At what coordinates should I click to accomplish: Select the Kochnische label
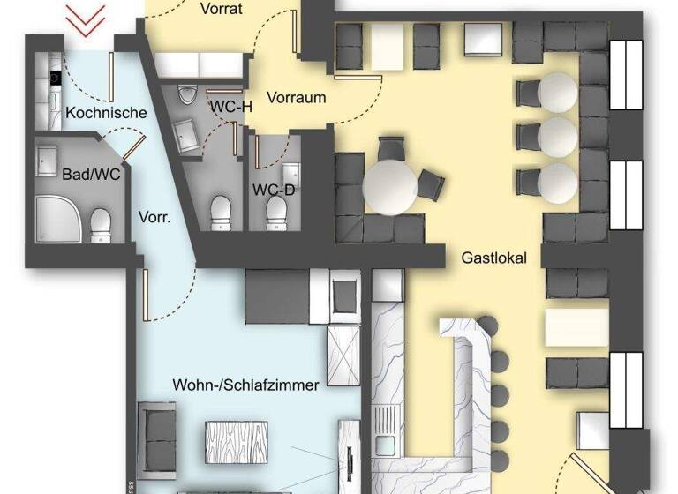coord(106,113)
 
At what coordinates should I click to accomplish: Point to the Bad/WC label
coord(79,174)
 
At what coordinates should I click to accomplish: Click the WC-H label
coord(230,106)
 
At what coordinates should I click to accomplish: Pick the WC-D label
coord(274,189)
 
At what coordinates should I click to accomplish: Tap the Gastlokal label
coord(493,258)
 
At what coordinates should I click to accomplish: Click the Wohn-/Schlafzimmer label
coord(245,385)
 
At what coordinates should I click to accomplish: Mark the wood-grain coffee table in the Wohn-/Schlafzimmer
coord(236,439)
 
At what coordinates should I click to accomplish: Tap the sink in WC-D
coord(290,173)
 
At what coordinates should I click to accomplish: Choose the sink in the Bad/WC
coord(47,159)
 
